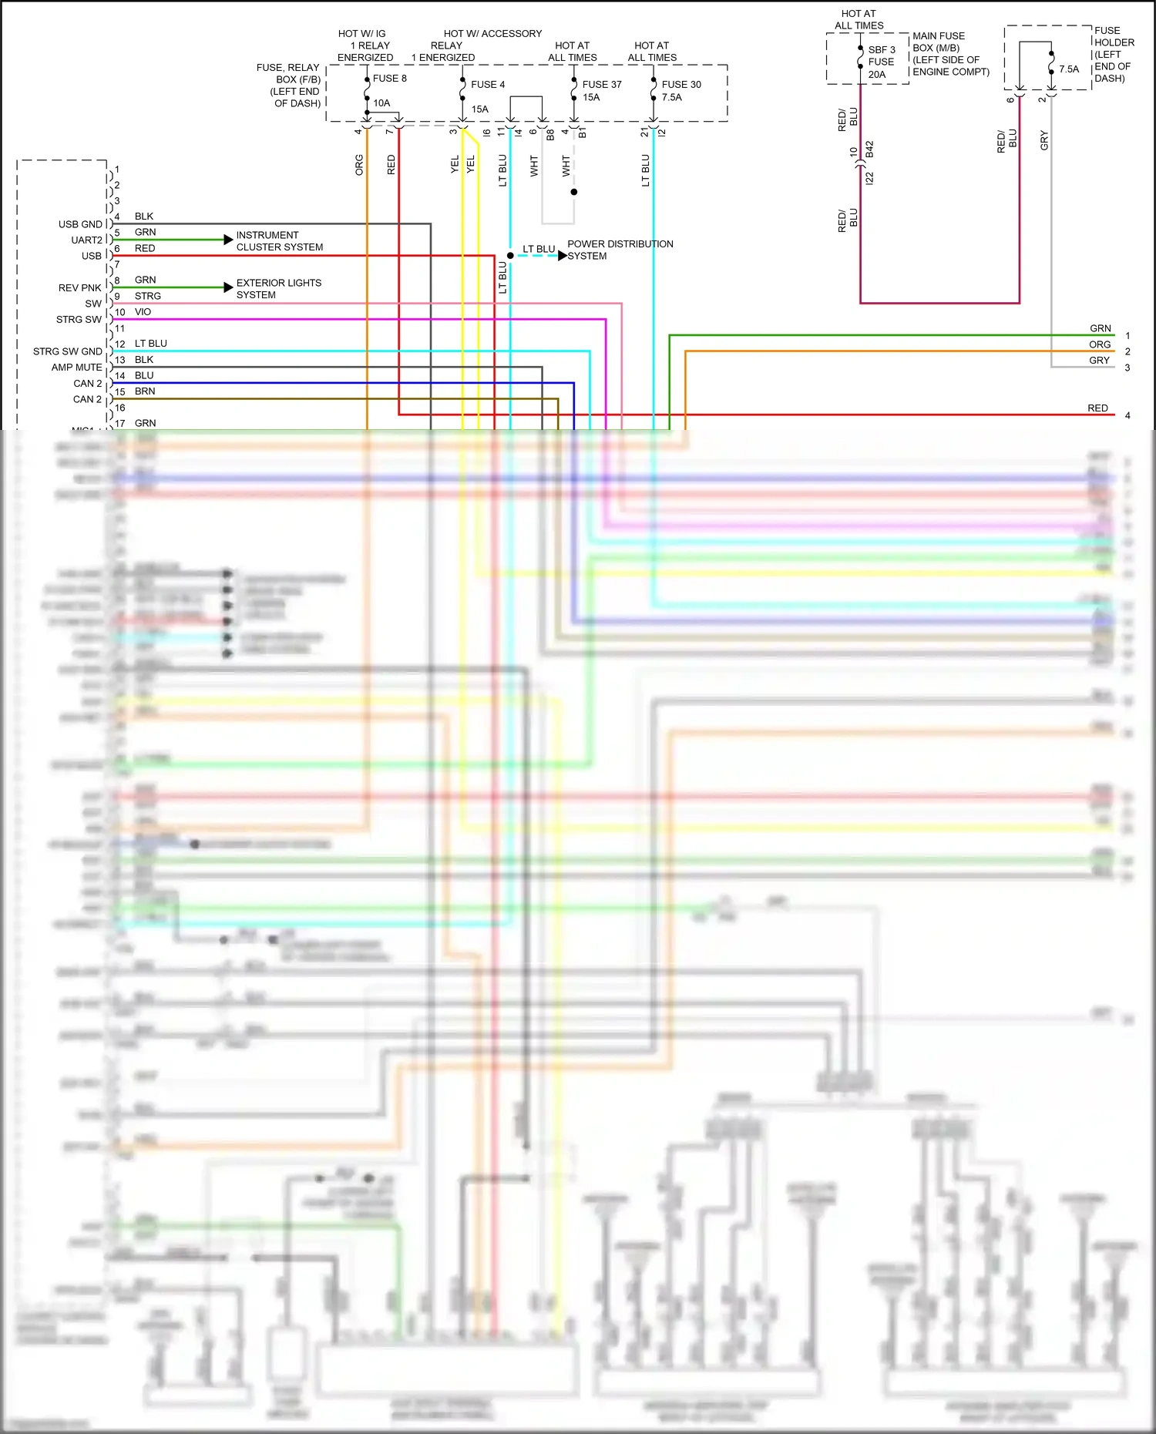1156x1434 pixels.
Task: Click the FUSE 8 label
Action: tap(389, 79)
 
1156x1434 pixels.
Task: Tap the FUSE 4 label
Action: tap(488, 85)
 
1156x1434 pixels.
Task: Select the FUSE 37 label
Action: tap(602, 85)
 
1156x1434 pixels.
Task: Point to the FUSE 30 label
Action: tap(681, 85)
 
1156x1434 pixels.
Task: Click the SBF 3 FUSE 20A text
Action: tap(881, 62)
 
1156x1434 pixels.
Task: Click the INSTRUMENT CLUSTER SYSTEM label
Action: tap(279, 241)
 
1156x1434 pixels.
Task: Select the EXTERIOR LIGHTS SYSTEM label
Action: tap(278, 289)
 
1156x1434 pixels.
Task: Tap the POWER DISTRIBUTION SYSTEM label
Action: tap(620, 250)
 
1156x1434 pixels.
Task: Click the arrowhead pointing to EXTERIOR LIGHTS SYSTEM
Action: tap(228, 287)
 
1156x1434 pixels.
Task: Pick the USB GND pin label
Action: tap(80, 224)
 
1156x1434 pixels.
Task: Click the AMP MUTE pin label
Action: tap(76, 368)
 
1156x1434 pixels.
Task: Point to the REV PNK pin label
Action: tap(79, 288)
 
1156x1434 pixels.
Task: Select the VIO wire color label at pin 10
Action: tap(143, 312)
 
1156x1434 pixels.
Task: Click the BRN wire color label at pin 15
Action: tap(145, 391)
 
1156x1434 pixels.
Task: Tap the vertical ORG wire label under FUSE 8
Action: tap(359, 165)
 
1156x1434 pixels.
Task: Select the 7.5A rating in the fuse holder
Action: tap(1069, 69)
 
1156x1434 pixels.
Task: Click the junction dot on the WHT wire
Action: tap(573, 192)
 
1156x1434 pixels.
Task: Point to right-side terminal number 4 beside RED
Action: tap(1127, 415)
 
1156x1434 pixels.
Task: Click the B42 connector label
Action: tap(869, 149)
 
